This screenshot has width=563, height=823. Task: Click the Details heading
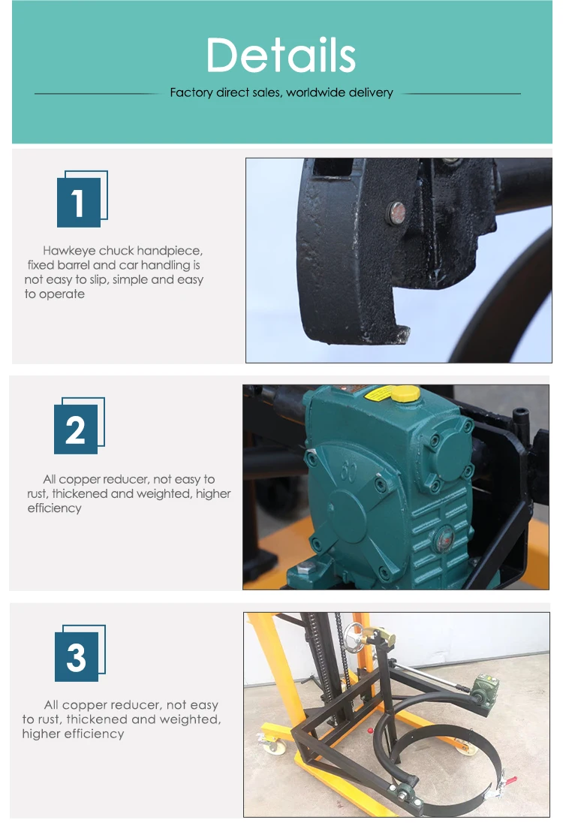click(281, 55)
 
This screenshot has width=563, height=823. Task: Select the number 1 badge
click(83, 199)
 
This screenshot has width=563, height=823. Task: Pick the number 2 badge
click(80, 426)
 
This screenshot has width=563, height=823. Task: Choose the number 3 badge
click(80, 653)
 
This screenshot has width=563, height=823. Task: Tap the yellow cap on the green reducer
click(405, 393)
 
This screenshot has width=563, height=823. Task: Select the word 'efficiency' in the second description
click(55, 508)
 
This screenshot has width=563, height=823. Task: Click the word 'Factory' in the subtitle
click(191, 93)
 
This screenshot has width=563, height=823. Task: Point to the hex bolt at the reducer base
click(306, 567)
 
